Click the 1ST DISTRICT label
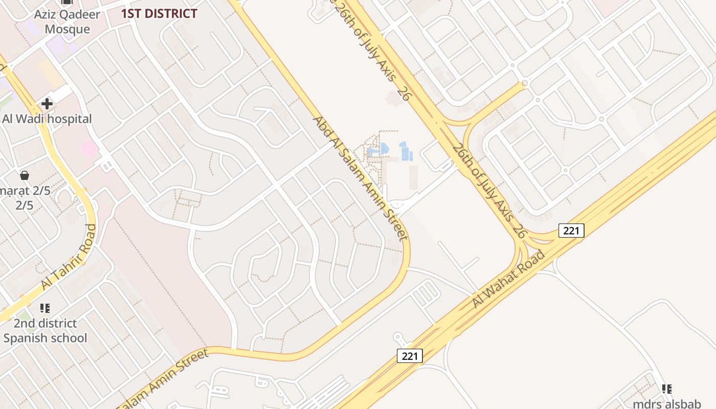(x=159, y=14)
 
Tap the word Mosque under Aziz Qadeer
(x=67, y=29)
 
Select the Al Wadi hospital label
(x=47, y=119)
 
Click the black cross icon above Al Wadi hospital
(x=47, y=104)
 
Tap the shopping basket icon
(x=24, y=176)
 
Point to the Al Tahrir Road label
(x=68, y=257)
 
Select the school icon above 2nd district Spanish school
(x=45, y=308)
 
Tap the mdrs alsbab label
(x=667, y=404)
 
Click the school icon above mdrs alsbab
(x=667, y=390)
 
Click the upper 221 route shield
(x=571, y=231)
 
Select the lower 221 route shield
(x=410, y=356)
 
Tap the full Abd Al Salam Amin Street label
(x=360, y=178)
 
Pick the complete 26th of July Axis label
(x=489, y=191)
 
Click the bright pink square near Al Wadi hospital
(x=89, y=149)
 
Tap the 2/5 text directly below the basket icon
(x=24, y=206)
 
